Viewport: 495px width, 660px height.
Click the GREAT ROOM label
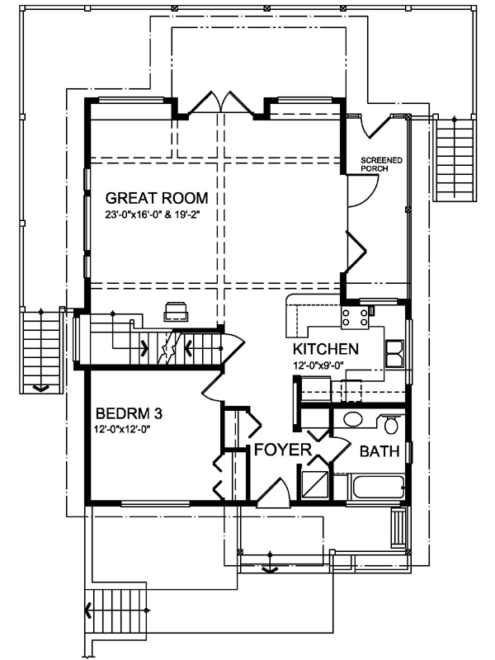tap(157, 198)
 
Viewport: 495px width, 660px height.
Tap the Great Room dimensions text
tap(152, 214)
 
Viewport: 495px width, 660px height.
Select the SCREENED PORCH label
tap(381, 164)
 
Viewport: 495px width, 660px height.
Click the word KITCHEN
tap(325, 349)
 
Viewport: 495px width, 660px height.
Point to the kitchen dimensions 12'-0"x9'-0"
tap(319, 365)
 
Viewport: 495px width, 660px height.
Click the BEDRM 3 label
tap(129, 413)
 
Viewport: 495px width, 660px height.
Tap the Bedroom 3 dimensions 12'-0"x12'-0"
tap(123, 430)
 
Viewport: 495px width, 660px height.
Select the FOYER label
tap(282, 450)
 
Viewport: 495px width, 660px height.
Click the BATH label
tap(379, 451)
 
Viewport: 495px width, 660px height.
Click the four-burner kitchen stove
tap(355, 318)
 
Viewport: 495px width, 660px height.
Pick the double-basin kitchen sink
tap(394, 354)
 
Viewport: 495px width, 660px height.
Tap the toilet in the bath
tap(390, 424)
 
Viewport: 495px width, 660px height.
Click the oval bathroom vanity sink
tap(354, 419)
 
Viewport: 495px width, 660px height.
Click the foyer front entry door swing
tap(274, 491)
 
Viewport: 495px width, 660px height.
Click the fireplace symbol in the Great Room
tap(176, 312)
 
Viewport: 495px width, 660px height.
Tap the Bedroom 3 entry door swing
tap(214, 385)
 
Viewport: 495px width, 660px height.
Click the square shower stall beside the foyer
tap(315, 485)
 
